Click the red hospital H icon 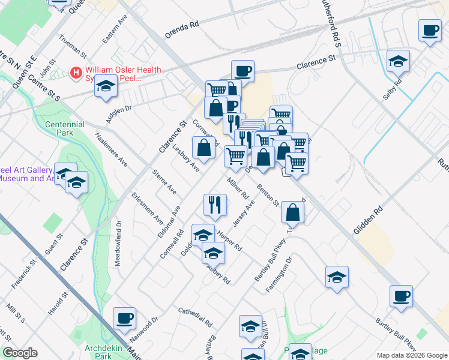[76, 73]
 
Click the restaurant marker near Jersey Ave [214, 205]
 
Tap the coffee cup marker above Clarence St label [243, 71]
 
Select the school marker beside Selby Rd [398, 61]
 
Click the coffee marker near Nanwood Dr [124, 318]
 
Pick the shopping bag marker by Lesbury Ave [203, 147]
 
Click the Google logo [20, 353]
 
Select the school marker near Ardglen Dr [106, 86]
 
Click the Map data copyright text [411, 354]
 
